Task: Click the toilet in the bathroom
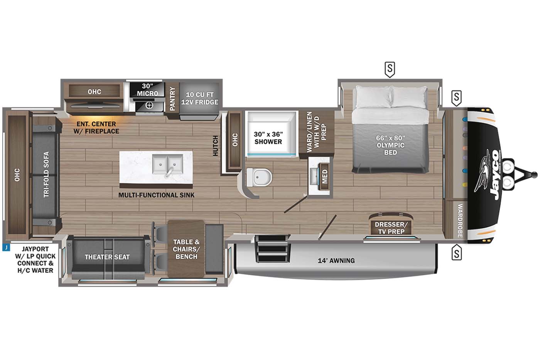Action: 260,177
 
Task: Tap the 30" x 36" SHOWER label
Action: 268,138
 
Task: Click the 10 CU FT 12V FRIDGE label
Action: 200,98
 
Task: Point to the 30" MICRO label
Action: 147,89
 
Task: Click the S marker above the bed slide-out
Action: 390,69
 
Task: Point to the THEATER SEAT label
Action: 107,257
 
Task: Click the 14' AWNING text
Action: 336,261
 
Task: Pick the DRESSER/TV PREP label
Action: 391,228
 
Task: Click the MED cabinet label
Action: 325,177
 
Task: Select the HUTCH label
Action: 215,146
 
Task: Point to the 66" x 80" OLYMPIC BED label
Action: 390,145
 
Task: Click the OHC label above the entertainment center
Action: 94,91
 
